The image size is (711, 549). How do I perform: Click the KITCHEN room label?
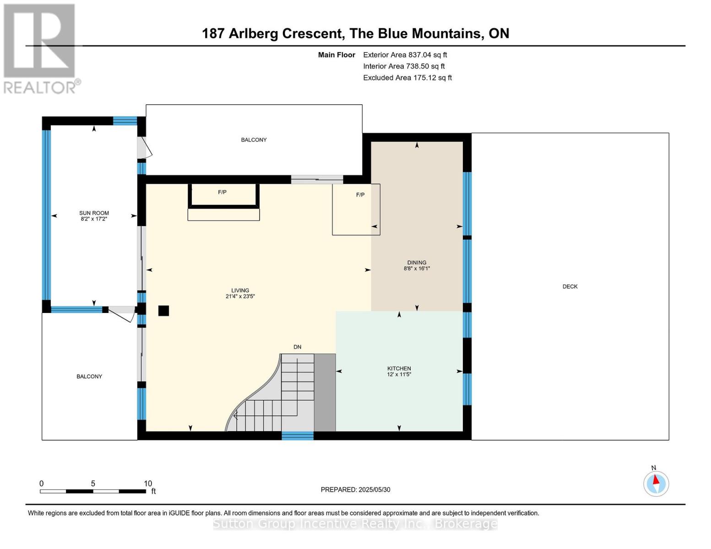coord(399,368)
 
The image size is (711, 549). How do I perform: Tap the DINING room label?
coord(417,263)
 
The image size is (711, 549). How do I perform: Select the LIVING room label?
coord(240,291)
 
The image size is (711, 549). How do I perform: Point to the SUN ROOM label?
coord(94,213)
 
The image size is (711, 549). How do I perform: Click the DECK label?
coord(570,286)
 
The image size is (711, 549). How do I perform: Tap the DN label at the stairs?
coord(297,347)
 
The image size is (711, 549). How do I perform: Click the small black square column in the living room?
coord(163,311)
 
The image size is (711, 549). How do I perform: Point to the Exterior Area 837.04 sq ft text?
coord(405,55)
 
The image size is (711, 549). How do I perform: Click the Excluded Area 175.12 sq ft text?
coord(407,78)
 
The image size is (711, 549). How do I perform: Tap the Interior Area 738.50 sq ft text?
coord(404,66)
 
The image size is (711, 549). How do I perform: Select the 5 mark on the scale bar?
coord(93,484)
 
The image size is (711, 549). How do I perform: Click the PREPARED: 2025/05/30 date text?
coord(355,490)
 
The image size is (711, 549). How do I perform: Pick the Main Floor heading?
coord(337,55)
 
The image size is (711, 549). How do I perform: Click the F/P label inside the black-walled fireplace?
coord(222,192)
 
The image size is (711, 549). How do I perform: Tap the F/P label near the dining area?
coord(360,195)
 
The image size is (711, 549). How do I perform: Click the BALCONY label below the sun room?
coord(89,377)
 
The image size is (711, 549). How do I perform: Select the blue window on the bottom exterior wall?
coord(298,436)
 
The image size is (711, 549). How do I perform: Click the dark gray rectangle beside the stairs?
coord(325,393)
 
